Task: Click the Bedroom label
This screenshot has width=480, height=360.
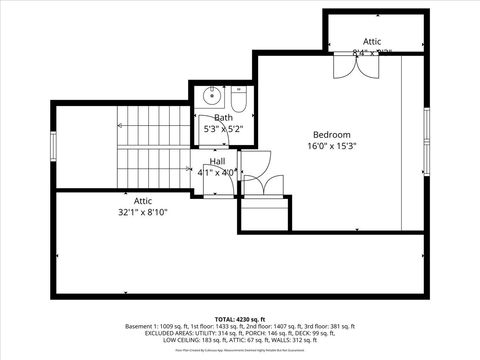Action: pos(332,134)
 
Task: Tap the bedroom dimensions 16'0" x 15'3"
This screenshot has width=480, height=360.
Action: pos(332,146)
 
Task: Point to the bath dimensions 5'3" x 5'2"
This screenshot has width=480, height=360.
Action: pos(222,129)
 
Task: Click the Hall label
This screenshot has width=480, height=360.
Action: pos(217,161)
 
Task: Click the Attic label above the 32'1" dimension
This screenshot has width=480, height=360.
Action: pos(137,201)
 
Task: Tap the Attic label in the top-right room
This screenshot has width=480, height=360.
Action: pos(371,41)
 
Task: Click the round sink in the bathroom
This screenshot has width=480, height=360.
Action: pos(211,97)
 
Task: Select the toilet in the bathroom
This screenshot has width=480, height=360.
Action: pos(238,100)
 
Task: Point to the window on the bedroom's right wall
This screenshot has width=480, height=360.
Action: pos(426,140)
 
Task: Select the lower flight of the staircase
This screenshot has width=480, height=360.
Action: pos(153,168)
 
